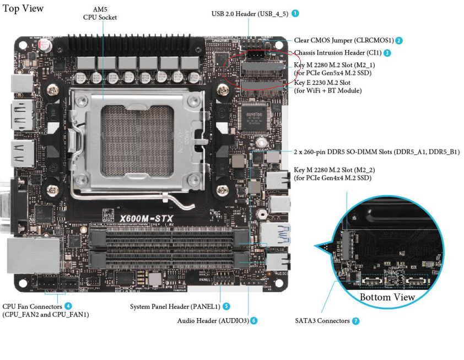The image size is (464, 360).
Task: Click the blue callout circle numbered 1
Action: (x=295, y=13)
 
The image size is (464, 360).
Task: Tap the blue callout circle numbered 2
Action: (x=399, y=40)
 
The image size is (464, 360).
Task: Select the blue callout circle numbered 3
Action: (x=387, y=53)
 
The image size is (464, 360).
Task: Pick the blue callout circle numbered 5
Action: (x=226, y=306)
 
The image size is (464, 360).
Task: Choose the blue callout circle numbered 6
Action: (x=253, y=320)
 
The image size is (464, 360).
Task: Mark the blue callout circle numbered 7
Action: (x=355, y=320)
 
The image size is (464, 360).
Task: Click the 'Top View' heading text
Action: (x=23, y=8)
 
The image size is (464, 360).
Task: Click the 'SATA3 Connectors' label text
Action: (x=322, y=320)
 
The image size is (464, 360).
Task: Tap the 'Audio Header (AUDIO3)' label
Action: (x=212, y=320)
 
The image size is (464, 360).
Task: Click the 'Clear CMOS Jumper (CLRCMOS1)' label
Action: (x=344, y=40)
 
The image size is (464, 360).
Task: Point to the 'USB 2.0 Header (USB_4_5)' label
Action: (x=250, y=13)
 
